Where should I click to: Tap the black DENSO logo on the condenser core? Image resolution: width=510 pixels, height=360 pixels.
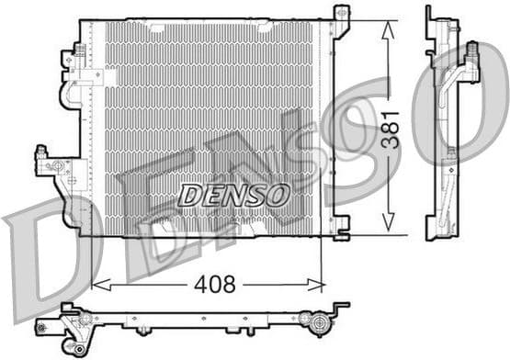tap(233, 195)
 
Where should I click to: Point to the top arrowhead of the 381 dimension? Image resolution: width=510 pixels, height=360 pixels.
tap(389, 26)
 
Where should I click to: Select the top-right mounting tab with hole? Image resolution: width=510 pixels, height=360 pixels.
tap(341, 15)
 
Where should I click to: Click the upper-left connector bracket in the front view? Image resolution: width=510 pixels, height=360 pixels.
tap(68, 61)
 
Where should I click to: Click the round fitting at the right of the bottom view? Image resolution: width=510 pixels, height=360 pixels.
tap(320, 323)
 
